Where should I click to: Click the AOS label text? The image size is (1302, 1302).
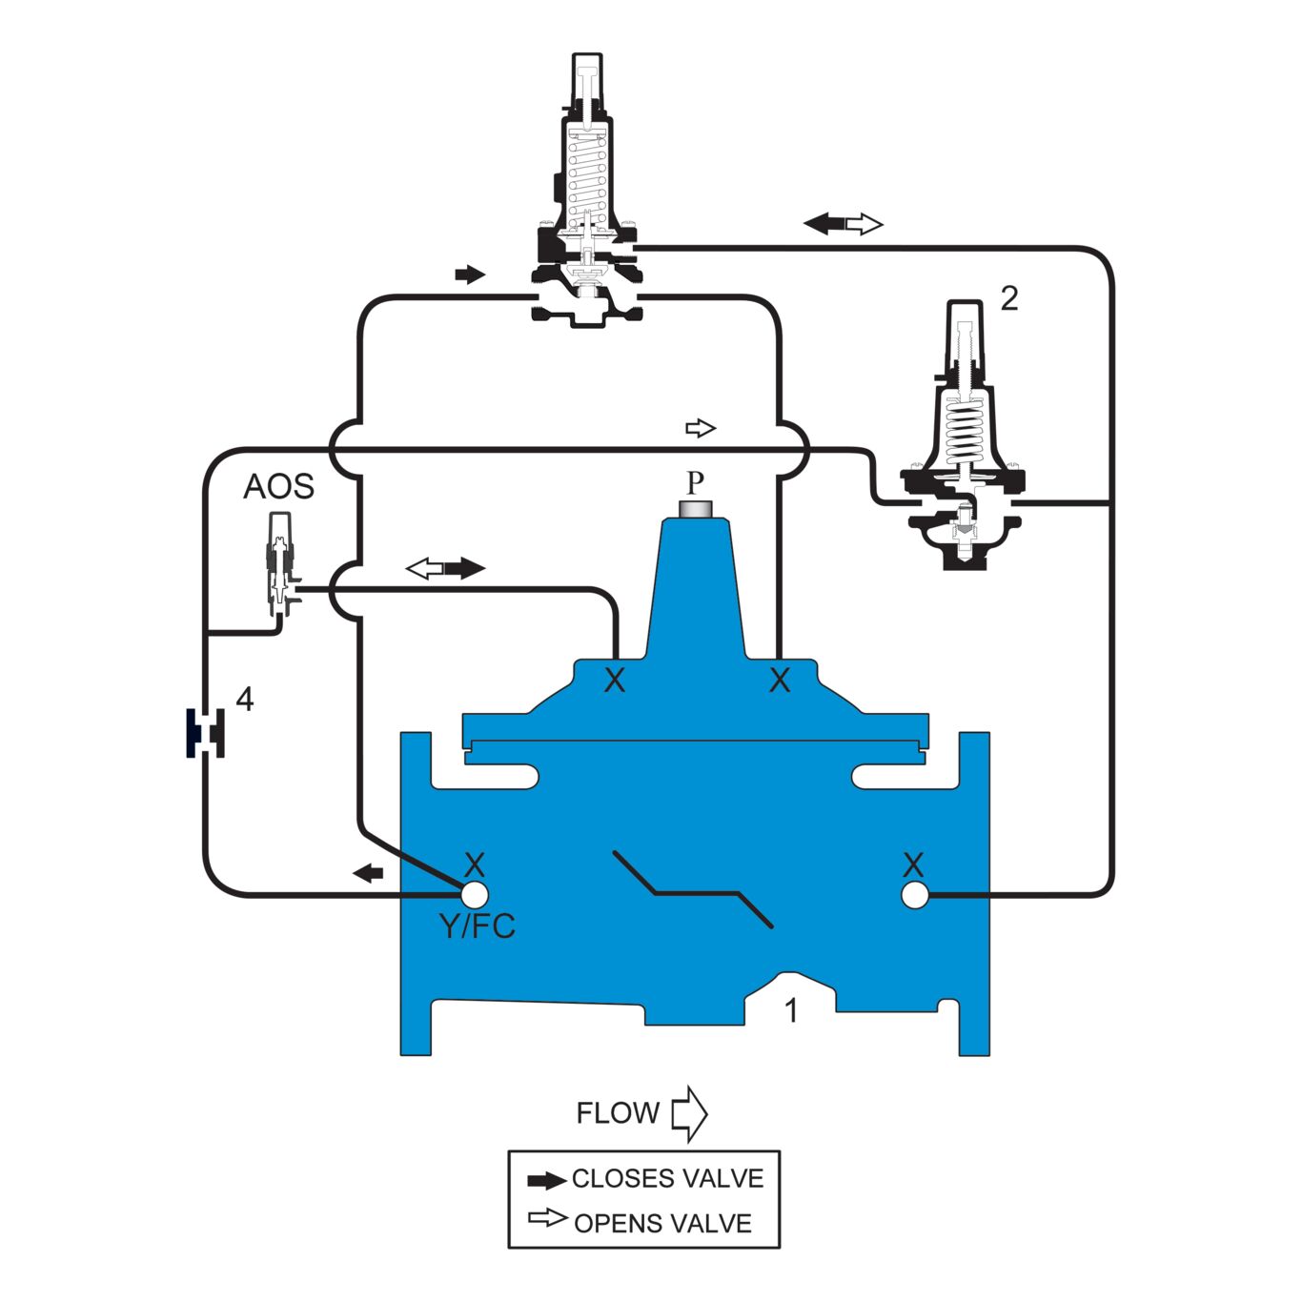[x=278, y=487]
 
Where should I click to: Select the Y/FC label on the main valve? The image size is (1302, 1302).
[x=477, y=926]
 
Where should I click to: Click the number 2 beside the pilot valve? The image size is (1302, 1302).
[x=1008, y=298]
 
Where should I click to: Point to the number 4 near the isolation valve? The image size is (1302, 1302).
[x=245, y=700]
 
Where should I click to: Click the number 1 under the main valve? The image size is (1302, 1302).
[x=790, y=1009]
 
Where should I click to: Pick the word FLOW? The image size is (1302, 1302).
[x=618, y=1113]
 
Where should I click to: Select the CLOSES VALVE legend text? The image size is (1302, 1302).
[x=667, y=1179]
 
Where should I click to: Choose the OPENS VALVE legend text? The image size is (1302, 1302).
[x=662, y=1223]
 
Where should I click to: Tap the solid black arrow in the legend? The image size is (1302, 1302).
[x=547, y=1181]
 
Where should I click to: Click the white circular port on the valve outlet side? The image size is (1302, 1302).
[x=914, y=895]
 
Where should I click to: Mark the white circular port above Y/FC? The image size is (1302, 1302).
[x=475, y=895]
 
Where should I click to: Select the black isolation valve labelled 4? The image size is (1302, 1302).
[x=205, y=733]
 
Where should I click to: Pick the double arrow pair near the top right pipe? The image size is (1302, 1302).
[x=844, y=225]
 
